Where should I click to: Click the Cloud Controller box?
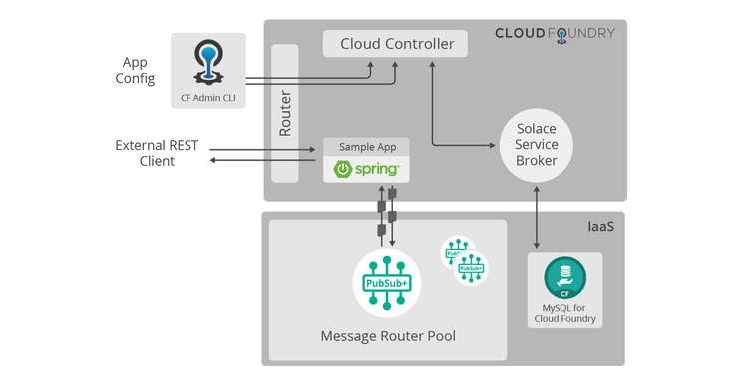397,44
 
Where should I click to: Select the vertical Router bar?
285,114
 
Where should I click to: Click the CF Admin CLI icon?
207,62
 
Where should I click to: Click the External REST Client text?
157,152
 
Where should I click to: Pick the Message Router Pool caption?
388,336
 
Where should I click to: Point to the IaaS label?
601,228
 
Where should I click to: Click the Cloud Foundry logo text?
555,33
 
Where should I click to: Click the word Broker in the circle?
537,162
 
